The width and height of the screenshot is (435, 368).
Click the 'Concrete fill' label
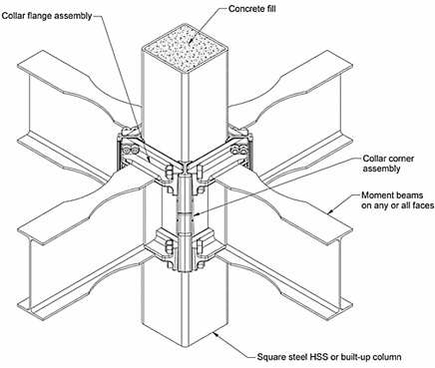coord(251,8)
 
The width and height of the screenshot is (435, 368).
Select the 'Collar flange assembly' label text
coord(47,16)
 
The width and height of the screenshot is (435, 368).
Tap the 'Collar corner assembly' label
coord(388,164)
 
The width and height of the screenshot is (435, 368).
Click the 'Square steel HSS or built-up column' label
coord(329,357)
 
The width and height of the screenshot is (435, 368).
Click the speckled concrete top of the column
coord(185,47)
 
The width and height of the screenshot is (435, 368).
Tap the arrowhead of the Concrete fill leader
coord(191,41)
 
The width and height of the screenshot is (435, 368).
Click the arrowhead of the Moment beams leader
coord(330,210)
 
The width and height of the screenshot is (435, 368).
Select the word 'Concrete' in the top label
coord(244,8)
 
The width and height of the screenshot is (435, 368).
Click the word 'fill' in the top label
coord(269,8)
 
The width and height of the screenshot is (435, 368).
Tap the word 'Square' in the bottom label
coord(270,357)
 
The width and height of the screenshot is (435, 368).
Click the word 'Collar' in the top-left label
coord(14,16)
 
